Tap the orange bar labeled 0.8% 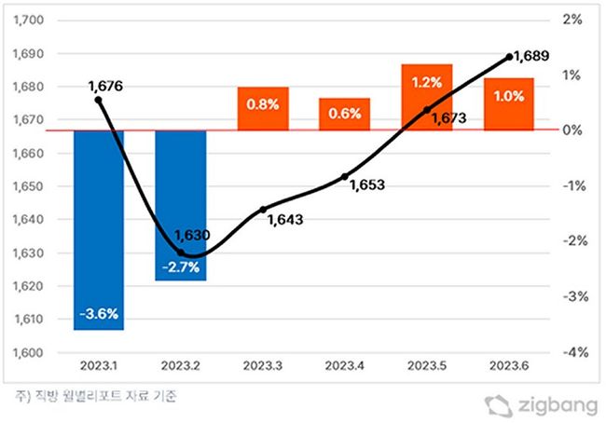262,108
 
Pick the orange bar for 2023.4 344,114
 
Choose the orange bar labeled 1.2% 426,97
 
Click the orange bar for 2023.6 508,103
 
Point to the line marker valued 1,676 99,100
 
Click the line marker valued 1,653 345,176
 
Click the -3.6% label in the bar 98,314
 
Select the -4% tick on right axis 571,353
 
